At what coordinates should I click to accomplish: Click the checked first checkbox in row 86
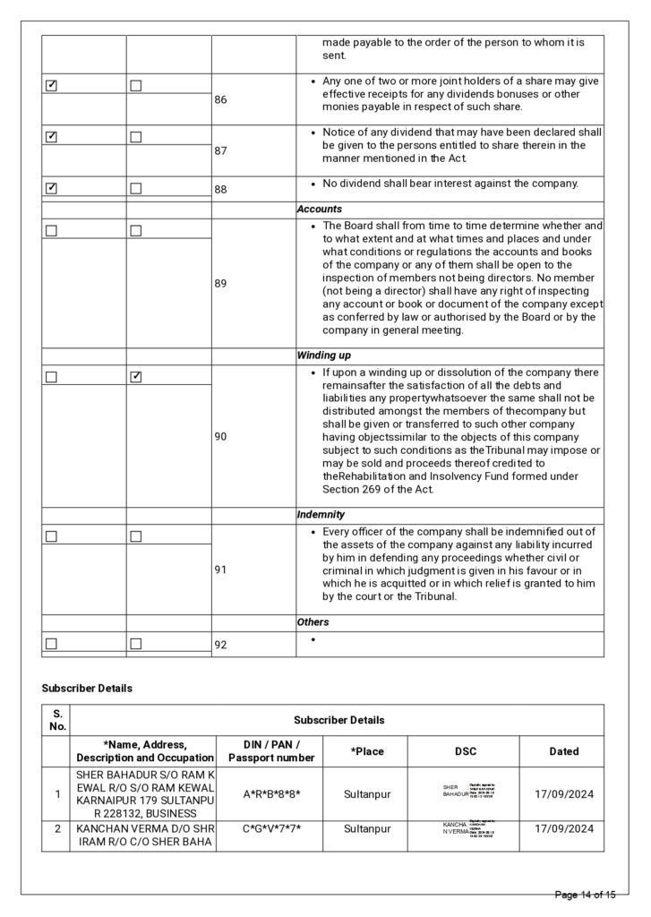52,86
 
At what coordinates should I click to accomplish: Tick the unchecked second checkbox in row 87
136,137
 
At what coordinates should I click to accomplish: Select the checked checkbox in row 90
136,377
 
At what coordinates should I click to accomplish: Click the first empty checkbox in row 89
52,230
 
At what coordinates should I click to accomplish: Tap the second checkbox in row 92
136,643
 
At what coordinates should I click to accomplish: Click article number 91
220,569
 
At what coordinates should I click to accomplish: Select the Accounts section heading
320,209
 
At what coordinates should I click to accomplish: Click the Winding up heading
323,356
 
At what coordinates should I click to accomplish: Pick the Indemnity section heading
321,515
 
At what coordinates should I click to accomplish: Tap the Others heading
313,621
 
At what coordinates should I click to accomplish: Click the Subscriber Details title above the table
87,689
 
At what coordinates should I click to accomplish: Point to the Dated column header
563,751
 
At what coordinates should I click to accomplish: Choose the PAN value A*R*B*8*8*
271,793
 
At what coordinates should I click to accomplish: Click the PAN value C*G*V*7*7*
271,829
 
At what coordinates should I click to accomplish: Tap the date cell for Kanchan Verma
563,829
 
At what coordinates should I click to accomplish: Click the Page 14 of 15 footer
585,895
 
